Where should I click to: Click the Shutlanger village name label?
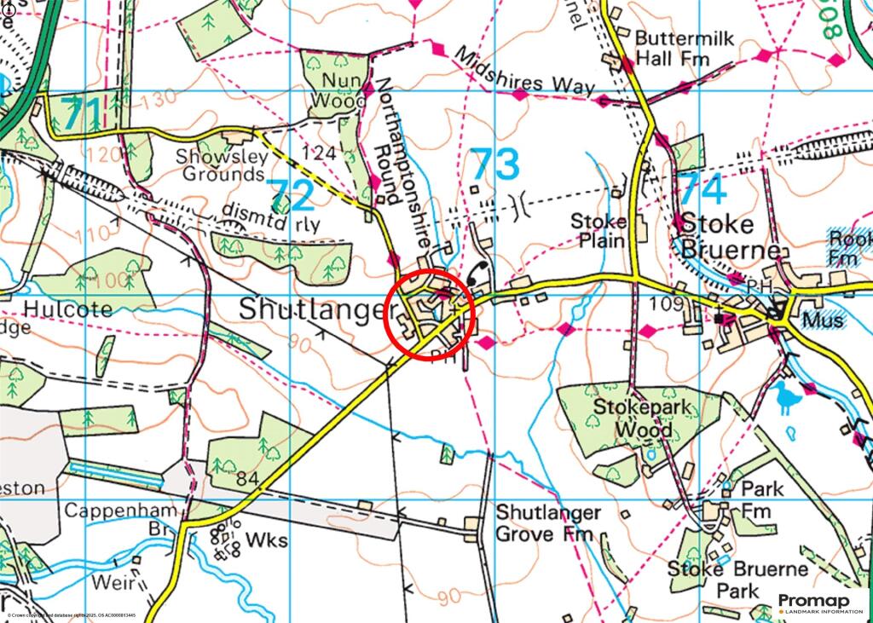313,309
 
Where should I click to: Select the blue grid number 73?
495,163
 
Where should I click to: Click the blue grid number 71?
82,111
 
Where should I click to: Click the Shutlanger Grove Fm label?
548,524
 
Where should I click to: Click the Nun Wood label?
336,91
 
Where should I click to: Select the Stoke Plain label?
598,231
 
